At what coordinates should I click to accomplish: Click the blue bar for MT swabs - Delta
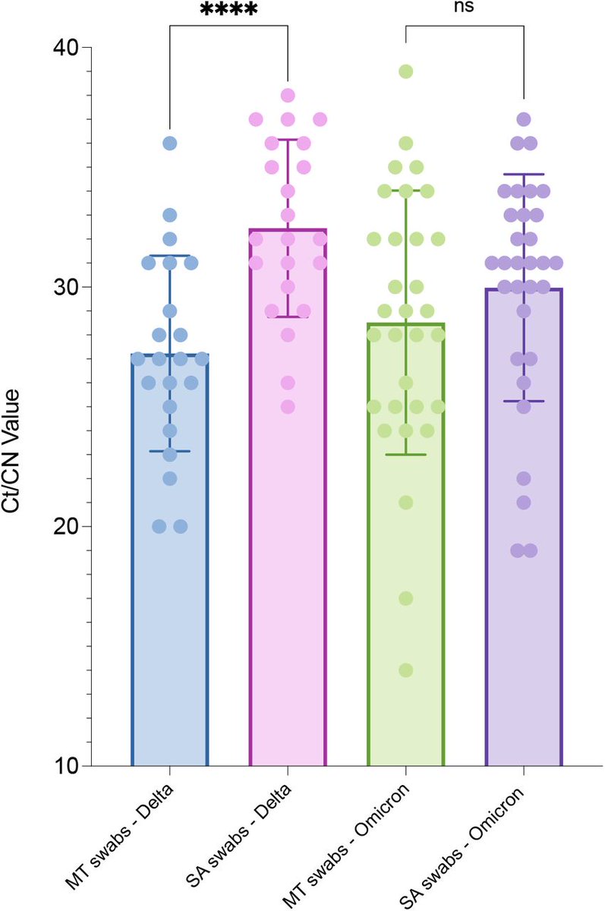[x=169, y=607]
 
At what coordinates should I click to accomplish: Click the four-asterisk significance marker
[x=228, y=11]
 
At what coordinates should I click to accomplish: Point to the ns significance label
[x=465, y=8]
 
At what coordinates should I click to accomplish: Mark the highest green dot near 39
[x=405, y=71]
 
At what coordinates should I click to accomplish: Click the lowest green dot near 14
[x=405, y=670]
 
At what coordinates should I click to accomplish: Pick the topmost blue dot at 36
[x=169, y=143]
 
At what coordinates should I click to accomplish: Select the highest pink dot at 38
[x=288, y=96]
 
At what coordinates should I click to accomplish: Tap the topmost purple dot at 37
[x=524, y=119]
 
